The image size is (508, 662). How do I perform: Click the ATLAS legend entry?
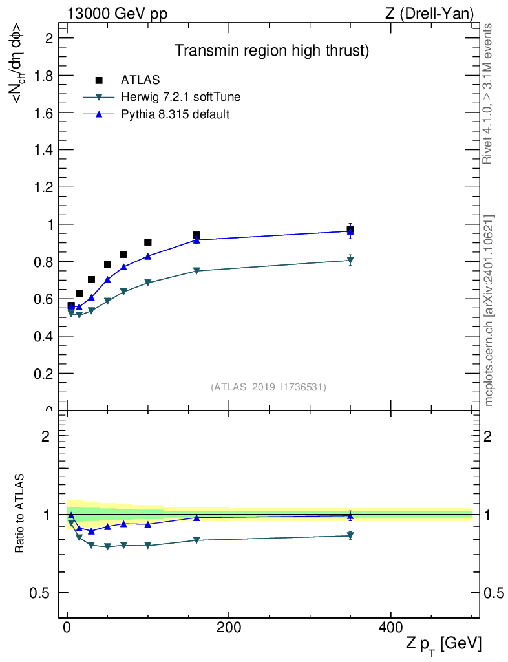click(140, 80)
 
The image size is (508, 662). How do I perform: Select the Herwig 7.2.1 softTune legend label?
click(181, 98)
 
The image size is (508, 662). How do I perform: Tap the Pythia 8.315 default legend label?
click(175, 114)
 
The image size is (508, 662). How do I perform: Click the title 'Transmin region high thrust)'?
click(272, 51)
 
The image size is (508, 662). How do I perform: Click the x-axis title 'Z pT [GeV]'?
click(443, 644)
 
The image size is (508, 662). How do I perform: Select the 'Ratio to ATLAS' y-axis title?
click(21, 513)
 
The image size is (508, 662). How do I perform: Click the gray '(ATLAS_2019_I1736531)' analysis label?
click(268, 387)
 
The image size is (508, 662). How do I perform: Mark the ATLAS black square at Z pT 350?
click(350, 229)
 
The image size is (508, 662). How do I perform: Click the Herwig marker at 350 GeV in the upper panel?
click(350, 261)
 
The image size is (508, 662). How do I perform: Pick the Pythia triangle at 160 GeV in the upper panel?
click(196, 240)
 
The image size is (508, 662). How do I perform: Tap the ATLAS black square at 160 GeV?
click(196, 235)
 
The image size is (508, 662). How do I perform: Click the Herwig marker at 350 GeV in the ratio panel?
click(350, 536)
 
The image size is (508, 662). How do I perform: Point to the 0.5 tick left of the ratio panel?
click(44, 593)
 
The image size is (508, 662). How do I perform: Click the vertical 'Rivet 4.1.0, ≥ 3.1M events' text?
click(488, 94)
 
